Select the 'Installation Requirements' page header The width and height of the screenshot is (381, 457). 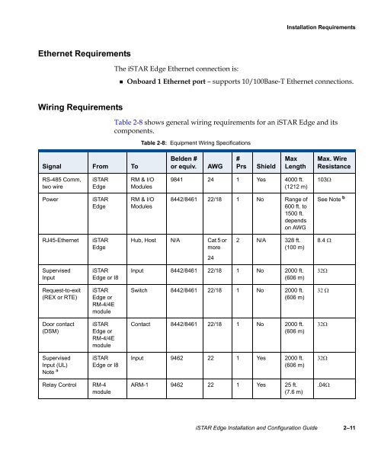pyautogui.click(x=319, y=27)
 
